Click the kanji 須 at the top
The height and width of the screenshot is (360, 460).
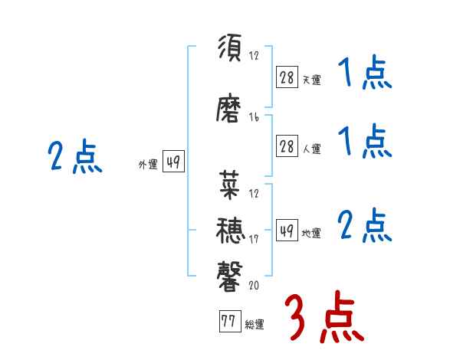pos(230,50)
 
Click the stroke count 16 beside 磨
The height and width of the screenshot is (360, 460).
pos(254,117)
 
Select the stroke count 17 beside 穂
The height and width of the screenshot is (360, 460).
pos(254,241)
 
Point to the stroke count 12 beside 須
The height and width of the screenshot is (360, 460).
pos(254,56)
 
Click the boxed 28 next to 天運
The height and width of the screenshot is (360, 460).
pos(287,77)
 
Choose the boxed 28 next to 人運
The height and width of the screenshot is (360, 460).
pos(287,147)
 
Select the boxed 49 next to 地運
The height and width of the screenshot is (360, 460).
pos(287,231)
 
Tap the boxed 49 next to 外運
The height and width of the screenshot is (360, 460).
pos(173,162)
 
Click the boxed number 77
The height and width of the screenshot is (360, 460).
pos(228,322)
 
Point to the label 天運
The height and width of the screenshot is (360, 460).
pos(311,80)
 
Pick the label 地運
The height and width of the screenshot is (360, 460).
pos(311,234)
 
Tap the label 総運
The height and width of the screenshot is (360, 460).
pos(255,325)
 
